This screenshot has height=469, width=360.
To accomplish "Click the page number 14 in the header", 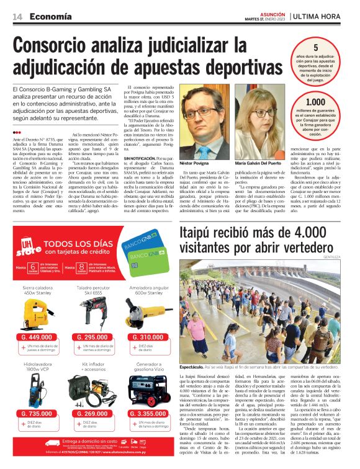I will click(x=17, y=16).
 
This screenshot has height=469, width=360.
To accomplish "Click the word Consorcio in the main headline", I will click(x=63, y=47).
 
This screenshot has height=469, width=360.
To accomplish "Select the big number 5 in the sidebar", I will click(x=316, y=48).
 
